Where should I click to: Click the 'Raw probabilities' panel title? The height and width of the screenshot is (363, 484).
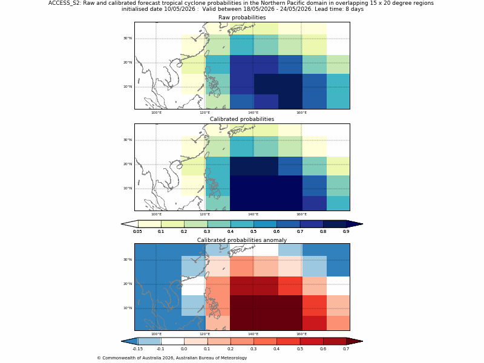point(242,18)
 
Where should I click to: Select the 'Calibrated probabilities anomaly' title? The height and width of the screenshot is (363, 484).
point(242,240)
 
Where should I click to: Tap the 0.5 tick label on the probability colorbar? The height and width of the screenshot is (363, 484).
point(253,232)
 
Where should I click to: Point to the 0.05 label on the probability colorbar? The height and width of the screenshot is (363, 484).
point(137,232)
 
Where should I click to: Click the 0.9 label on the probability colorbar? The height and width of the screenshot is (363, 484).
point(346,232)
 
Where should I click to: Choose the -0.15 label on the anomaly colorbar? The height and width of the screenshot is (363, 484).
point(137,349)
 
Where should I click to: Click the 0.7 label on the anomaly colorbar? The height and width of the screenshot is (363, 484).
point(346,349)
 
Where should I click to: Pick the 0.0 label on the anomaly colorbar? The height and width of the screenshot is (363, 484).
point(184,349)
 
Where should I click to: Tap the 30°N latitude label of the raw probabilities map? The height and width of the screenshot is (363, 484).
point(128,38)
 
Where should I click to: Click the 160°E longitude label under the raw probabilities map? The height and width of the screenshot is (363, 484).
point(301,113)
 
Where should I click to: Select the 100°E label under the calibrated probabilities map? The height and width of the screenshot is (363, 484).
point(156,215)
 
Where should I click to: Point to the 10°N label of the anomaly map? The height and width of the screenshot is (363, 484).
point(128,308)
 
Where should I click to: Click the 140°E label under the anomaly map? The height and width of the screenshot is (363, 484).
point(253,335)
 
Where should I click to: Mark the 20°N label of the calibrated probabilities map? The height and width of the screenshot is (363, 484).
point(128,164)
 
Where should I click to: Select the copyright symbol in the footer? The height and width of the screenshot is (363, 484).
point(99,358)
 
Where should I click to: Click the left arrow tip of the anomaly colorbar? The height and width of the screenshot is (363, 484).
point(122,341)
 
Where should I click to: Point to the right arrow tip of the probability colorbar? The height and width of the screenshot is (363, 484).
point(362,224)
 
